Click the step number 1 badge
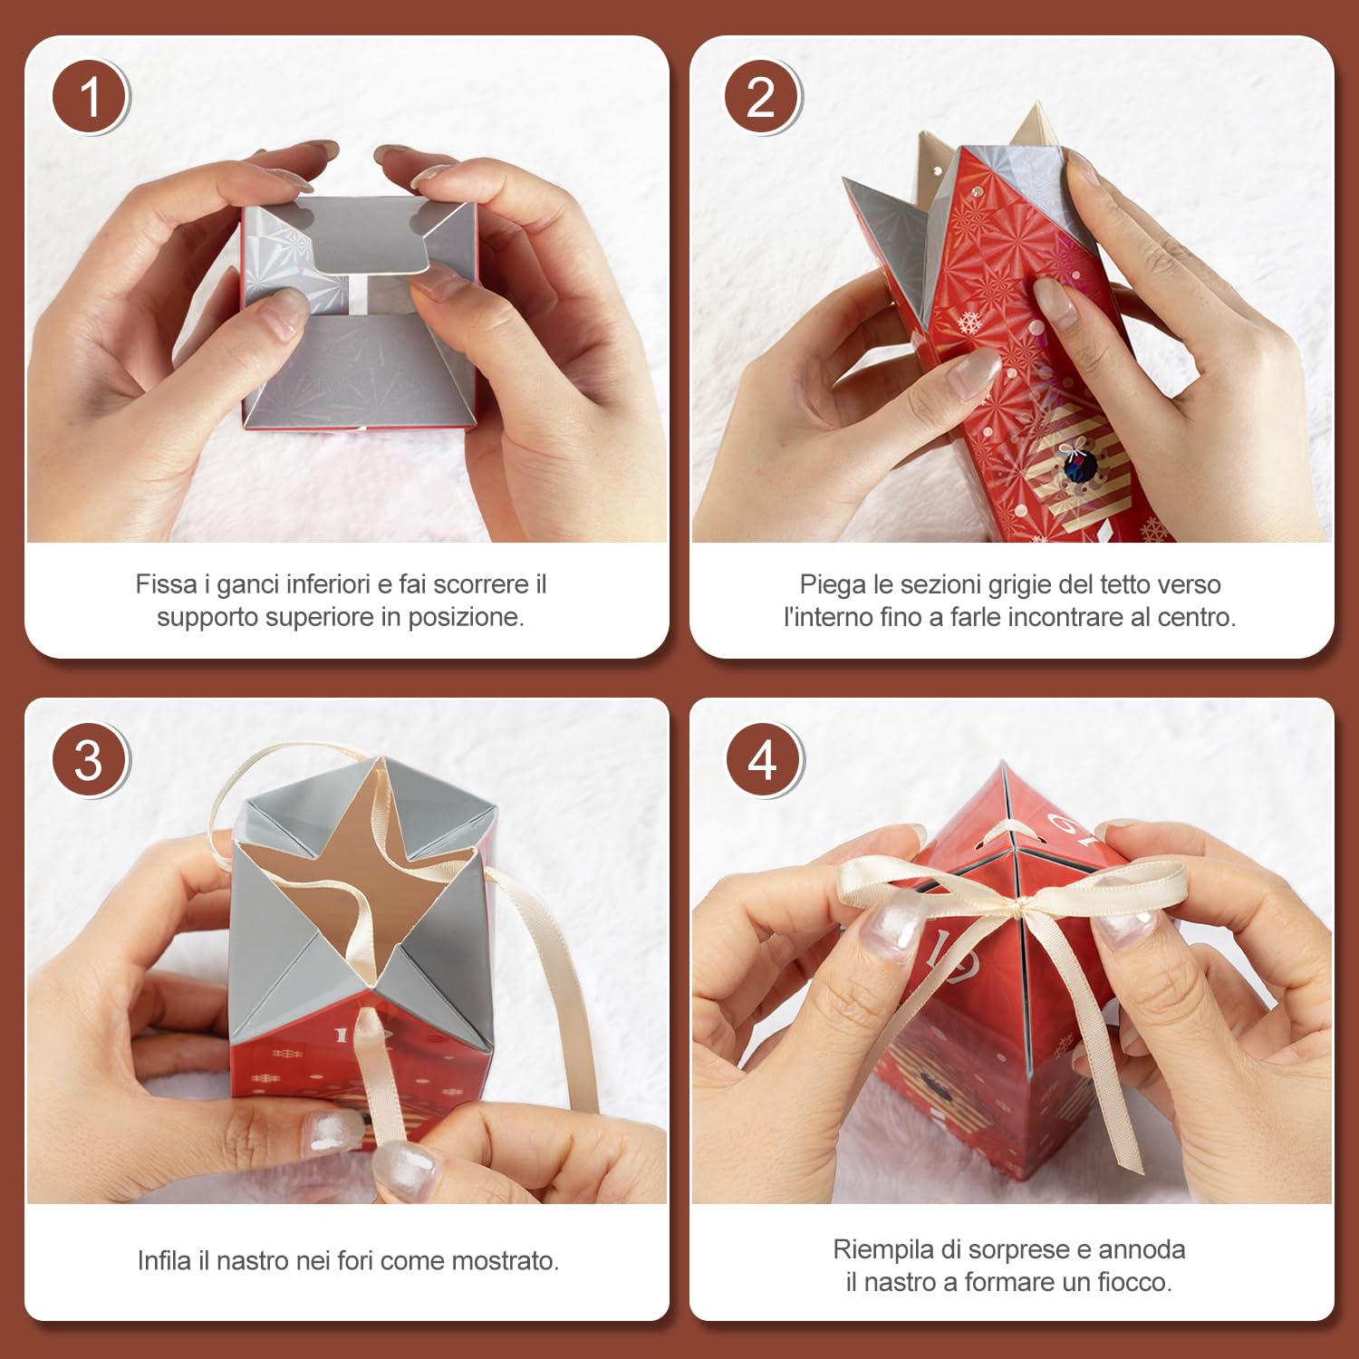(x=91, y=97)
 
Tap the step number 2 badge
(x=762, y=97)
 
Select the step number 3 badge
(x=91, y=759)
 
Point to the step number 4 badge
(x=764, y=759)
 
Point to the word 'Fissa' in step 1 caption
(x=167, y=584)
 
